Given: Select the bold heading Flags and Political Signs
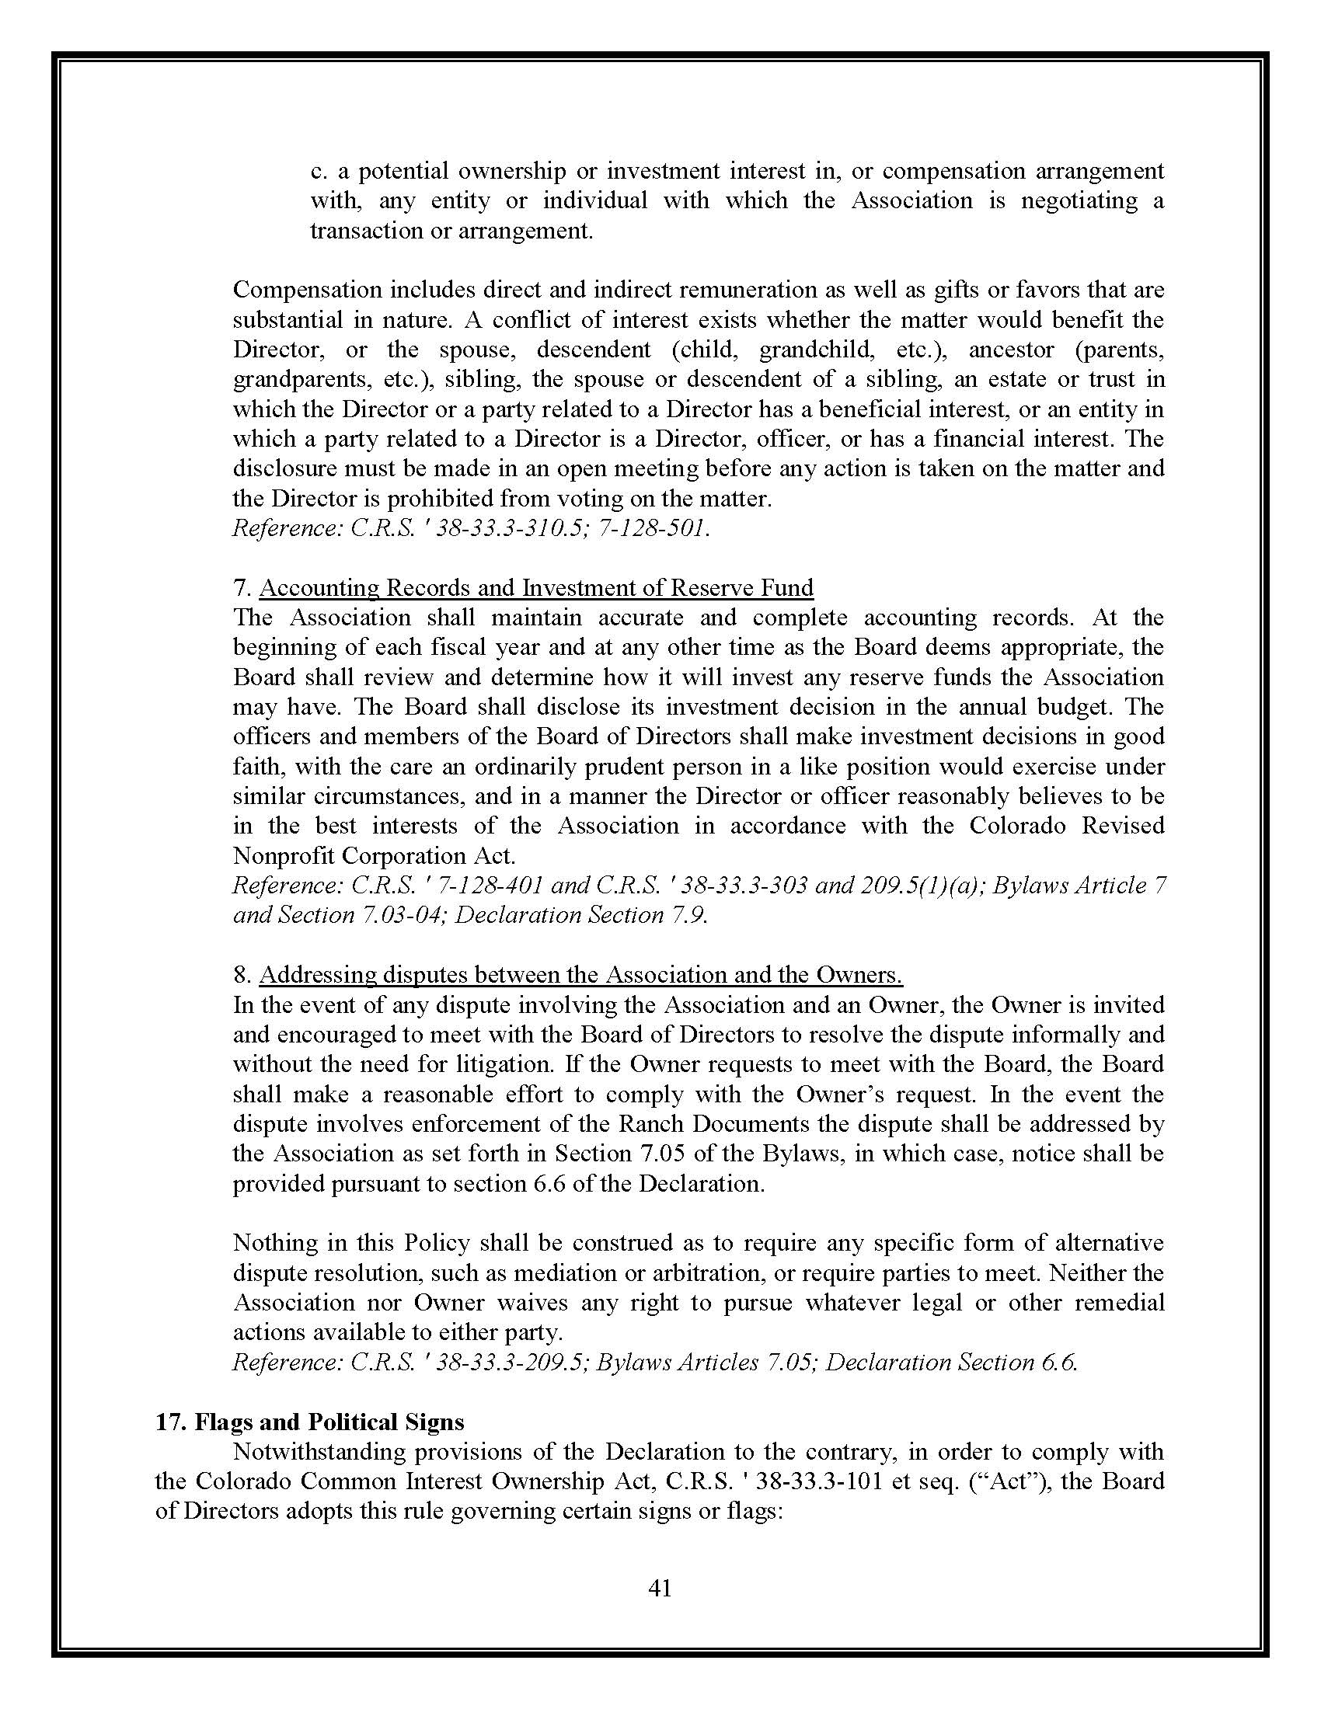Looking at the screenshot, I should (310, 1422).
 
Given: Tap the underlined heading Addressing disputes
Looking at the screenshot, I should (580, 975).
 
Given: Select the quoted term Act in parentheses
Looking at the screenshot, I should (1009, 1481).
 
